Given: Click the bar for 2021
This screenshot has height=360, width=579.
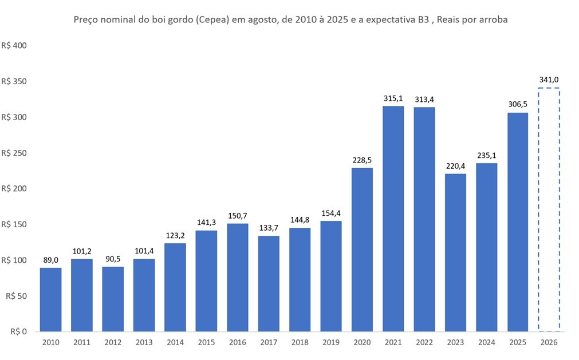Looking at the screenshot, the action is (x=393, y=219).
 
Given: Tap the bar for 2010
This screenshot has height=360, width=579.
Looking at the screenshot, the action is (x=50, y=299).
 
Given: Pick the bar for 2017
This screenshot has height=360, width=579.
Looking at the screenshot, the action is (x=269, y=284).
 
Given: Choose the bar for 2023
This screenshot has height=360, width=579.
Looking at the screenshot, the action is (x=455, y=252).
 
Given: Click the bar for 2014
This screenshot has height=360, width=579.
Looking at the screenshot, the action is (x=175, y=287).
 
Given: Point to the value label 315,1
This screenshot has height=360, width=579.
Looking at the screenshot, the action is (x=393, y=98).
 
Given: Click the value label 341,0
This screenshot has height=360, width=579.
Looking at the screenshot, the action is (x=549, y=80).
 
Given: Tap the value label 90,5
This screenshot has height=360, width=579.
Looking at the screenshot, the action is (x=113, y=259).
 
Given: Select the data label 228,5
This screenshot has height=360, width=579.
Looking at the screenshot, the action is (x=362, y=160).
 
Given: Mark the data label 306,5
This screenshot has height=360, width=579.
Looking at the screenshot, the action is (x=518, y=104).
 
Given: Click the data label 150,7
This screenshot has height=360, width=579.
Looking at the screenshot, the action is (x=238, y=216).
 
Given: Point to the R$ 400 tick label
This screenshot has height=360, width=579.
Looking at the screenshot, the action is (x=14, y=46).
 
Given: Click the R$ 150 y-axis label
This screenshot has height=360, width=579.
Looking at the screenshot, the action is (x=14, y=224).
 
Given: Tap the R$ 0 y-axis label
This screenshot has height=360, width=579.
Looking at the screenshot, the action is (x=18, y=331).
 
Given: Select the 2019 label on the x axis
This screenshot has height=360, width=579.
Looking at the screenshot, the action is (x=331, y=342).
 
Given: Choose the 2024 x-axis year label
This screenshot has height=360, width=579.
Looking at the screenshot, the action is (x=487, y=342).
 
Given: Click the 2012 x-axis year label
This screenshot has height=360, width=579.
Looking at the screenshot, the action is (x=113, y=342).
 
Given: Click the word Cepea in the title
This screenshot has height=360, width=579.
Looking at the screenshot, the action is (x=212, y=19).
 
